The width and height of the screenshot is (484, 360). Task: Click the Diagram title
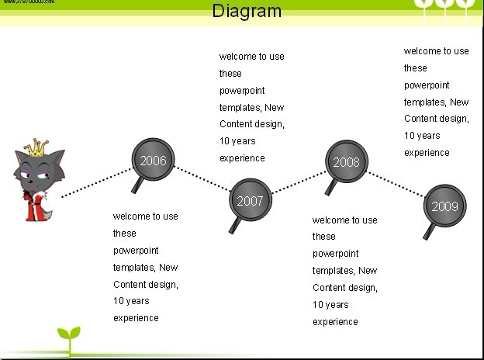(x=247, y=11)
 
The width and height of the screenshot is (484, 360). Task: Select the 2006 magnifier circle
(x=153, y=160)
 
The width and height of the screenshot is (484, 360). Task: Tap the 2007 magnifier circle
(x=250, y=200)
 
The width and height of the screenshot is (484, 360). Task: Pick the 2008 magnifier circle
(x=346, y=161)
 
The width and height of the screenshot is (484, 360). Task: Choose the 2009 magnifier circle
(x=444, y=206)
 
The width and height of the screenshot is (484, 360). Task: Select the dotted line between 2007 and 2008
(x=299, y=182)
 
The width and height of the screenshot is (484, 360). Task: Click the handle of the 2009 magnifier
(x=428, y=231)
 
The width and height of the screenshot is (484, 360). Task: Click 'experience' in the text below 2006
(x=136, y=317)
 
